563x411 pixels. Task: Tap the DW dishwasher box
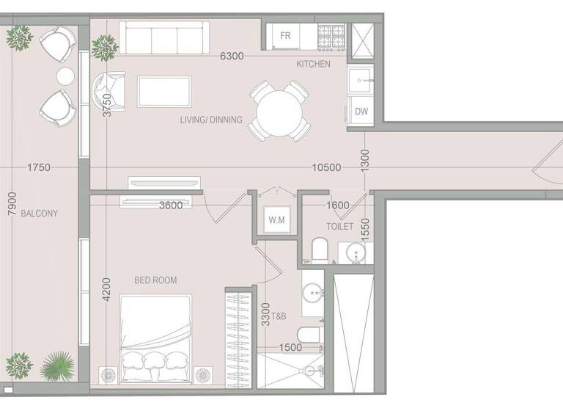pos(361,112)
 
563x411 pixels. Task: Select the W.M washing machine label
pos(276,220)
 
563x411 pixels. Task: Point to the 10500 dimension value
pos(325,167)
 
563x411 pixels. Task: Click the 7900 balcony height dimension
pos(10,203)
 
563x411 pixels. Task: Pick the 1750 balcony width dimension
pos(38,167)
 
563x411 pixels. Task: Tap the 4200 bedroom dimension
pos(107,290)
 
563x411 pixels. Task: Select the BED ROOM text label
pos(155,280)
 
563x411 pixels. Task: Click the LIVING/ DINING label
pos(211,120)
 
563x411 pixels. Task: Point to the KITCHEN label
pos(313,65)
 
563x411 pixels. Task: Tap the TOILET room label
pos(339,227)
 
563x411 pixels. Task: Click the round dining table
pos(279,111)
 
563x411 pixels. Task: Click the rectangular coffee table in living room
pos(165,92)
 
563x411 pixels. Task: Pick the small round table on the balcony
pos(66,76)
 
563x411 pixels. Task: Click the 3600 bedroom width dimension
pos(171,205)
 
